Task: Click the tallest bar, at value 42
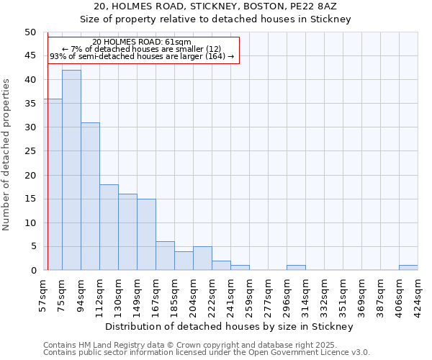pos(71,170)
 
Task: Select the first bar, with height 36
pos(53,184)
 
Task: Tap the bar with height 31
pos(90,197)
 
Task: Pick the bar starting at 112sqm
pos(109,228)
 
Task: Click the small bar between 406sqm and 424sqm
pos(408,268)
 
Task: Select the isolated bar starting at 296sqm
pos(296,268)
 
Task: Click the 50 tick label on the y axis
pos(30,32)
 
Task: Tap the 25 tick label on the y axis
pos(30,151)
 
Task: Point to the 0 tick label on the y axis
pos(33,271)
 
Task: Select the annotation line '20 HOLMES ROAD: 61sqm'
pos(142,42)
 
